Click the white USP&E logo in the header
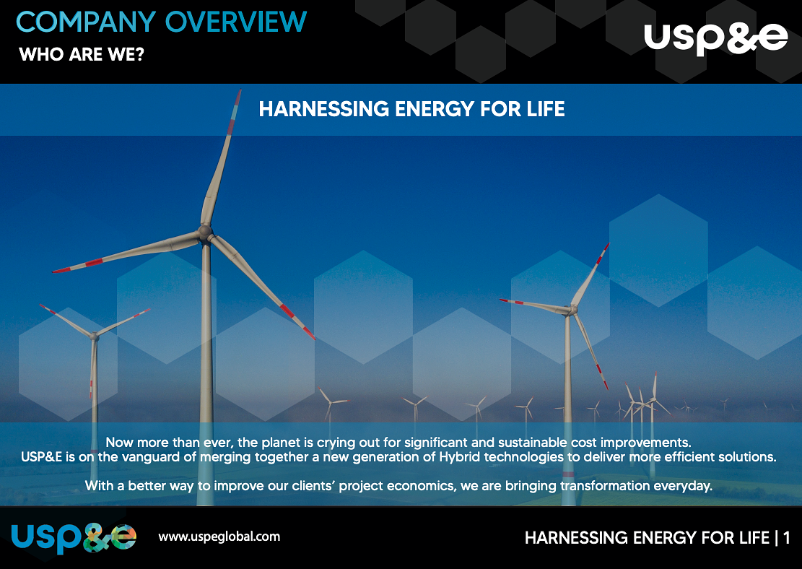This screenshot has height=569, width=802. coord(715,38)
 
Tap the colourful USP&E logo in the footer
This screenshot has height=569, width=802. coord(74,537)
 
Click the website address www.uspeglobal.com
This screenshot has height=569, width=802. coord(219,537)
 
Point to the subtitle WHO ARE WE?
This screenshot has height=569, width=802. coord(82,55)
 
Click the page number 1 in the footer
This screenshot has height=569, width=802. coord(786,538)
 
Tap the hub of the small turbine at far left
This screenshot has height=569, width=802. coord(94,335)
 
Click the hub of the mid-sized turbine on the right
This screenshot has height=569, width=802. coord(573,310)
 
